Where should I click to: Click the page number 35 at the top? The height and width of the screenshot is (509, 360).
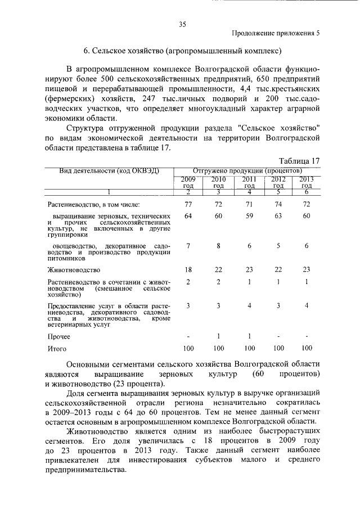182,24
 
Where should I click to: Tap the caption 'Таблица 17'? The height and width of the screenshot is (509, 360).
299,160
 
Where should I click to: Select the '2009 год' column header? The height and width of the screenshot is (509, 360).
188,182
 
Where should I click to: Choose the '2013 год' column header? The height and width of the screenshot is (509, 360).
307,182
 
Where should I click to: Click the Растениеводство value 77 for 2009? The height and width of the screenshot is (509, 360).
188,204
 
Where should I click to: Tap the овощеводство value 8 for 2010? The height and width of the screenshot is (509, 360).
218,246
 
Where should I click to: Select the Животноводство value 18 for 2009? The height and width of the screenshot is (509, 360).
188,269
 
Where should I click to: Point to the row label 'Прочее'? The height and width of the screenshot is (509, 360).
59,336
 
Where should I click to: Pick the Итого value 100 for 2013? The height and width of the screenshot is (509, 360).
307,349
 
